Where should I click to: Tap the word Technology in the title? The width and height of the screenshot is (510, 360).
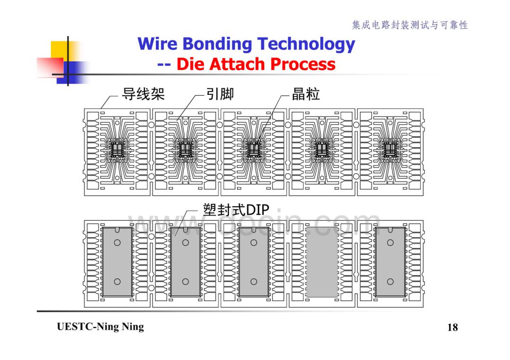click(x=306, y=44)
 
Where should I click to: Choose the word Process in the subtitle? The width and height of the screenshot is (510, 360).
click(x=303, y=64)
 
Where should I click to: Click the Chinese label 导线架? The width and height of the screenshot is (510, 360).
click(x=143, y=94)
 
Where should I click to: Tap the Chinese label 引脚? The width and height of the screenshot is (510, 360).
click(x=220, y=94)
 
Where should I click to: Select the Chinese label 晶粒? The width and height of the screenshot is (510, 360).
click(x=306, y=94)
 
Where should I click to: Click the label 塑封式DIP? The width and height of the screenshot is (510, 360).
click(x=236, y=209)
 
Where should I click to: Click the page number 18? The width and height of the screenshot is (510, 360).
click(x=452, y=327)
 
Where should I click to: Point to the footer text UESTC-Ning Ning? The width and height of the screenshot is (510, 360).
click(x=100, y=327)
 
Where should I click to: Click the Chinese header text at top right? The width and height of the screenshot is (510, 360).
click(x=410, y=25)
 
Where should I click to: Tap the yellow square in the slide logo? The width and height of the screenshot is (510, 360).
click(x=65, y=51)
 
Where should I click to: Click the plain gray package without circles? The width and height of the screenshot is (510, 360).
click(x=322, y=262)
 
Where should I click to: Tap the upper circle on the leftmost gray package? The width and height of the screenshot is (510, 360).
click(x=117, y=243)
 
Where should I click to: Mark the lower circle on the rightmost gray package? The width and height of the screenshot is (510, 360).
click(x=391, y=281)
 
